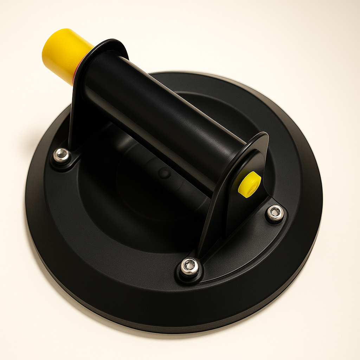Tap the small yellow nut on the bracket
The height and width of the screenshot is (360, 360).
click(x=249, y=184)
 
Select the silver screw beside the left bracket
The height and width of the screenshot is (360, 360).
click(x=62, y=155)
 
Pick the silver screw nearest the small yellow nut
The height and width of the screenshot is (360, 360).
click(x=275, y=213)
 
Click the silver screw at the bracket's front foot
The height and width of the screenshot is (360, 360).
click(x=189, y=267)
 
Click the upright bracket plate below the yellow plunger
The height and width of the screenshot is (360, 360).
click(x=79, y=105)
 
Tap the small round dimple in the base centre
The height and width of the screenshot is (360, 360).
click(x=164, y=173)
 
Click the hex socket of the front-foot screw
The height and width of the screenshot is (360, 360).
click(x=189, y=266)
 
